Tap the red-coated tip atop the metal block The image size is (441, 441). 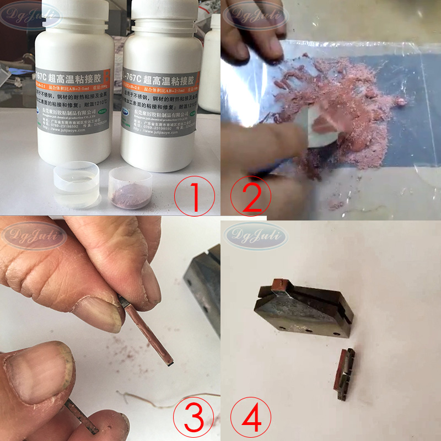(279, 284)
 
